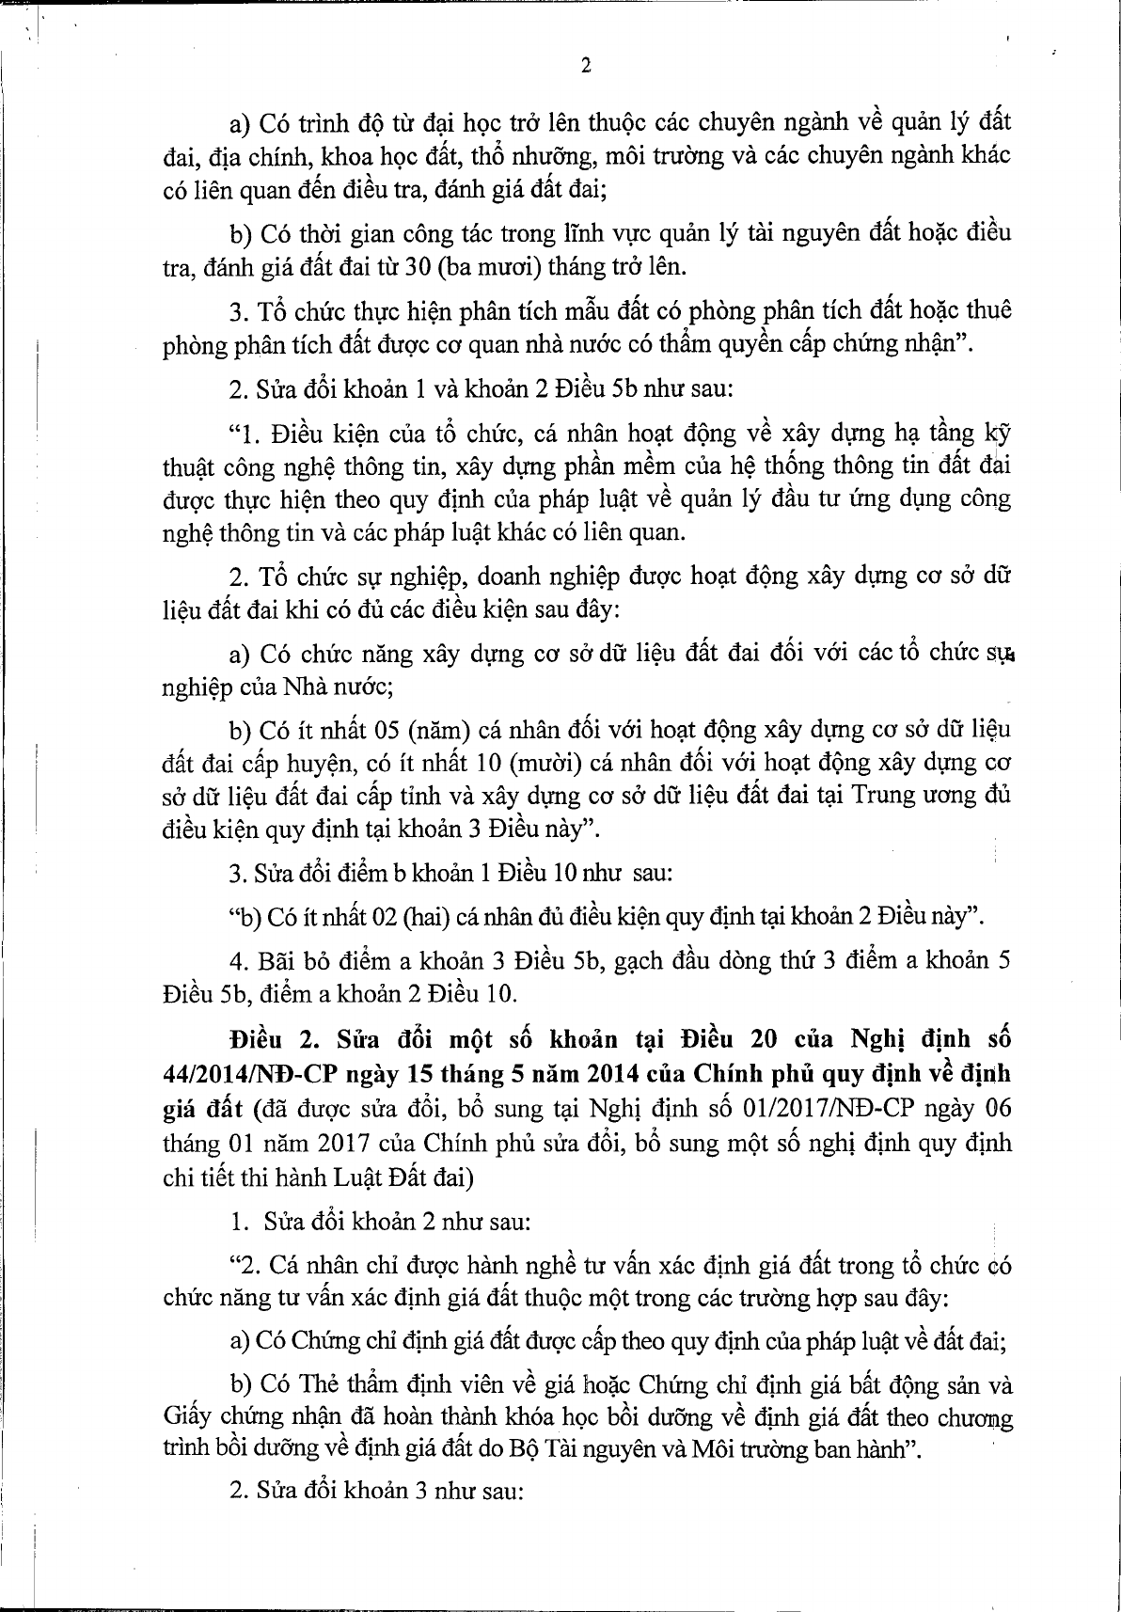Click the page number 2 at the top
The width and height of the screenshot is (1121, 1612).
(586, 66)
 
